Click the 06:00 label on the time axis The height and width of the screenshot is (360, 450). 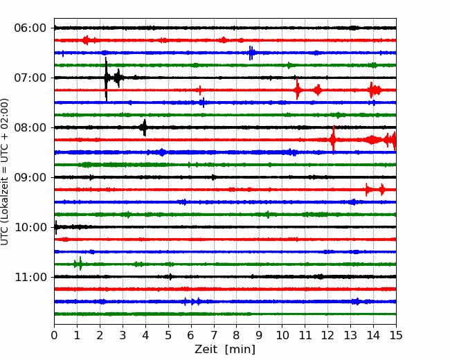coord(30,28)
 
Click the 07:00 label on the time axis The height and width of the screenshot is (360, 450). coord(30,78)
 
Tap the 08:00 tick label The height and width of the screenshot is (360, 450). coord(30,127)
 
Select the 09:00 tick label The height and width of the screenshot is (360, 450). coord(30,177)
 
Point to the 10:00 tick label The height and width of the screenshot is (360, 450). coord(30,227)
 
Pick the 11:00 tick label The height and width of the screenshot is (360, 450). coord(30,277)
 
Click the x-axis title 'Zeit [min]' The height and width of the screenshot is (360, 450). coord(224,350)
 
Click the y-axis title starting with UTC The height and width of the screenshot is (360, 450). coord(6,171)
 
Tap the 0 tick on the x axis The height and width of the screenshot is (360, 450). coord(54,336)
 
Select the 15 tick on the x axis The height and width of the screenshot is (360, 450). coord(395,336)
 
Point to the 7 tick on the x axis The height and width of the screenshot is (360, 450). coord(213,336)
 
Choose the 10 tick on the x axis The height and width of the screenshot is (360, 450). coord(282,336)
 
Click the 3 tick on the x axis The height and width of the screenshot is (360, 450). coord(123,336)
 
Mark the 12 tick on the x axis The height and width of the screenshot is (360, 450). coord(327,336)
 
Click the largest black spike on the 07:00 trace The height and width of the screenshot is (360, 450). coord(106,78)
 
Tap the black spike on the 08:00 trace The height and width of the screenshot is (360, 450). coord(144,127)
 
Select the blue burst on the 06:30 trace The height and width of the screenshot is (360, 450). coord(251,53)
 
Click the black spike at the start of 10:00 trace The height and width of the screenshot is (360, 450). coord(56,227)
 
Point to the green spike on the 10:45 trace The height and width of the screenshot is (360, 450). coord(80,264)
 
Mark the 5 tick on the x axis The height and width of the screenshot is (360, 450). coord(168,336)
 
